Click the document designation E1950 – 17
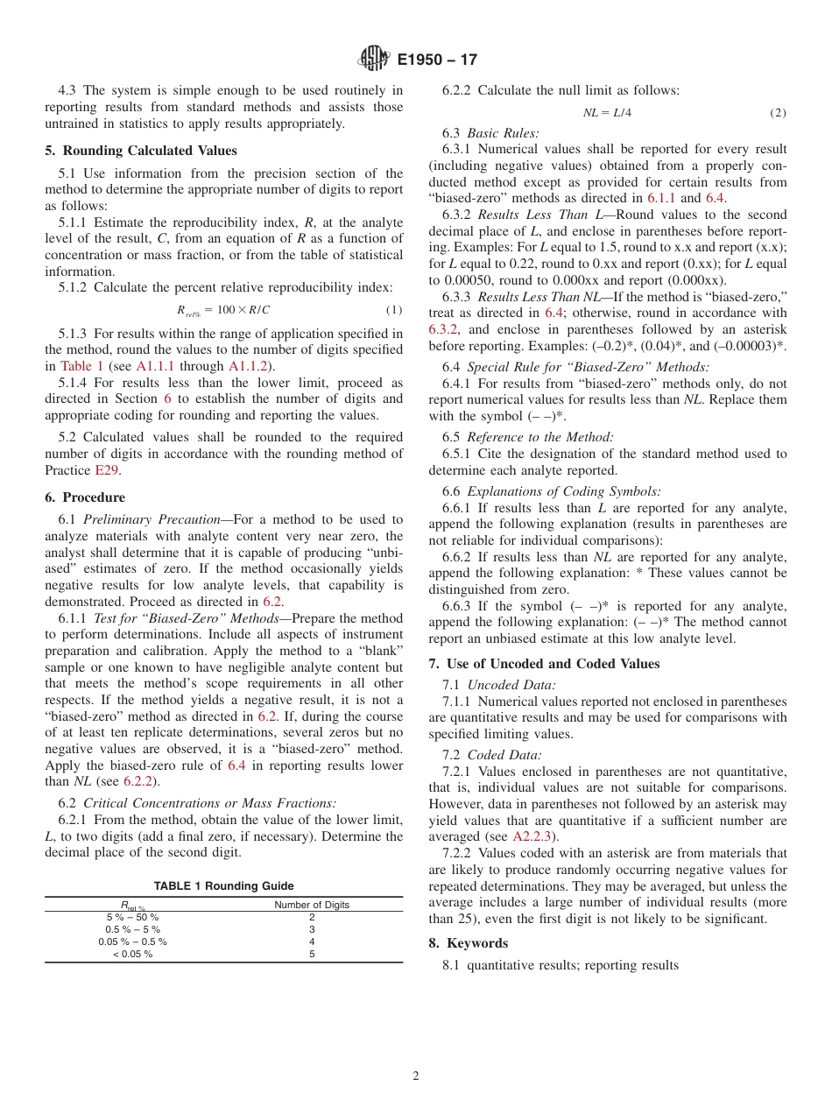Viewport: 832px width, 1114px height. (x=437, y=60)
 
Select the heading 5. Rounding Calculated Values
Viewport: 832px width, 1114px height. (x=141, y=150)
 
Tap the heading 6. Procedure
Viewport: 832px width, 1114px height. (x=85, y=497)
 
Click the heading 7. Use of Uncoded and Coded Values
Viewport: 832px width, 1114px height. (x=544, y=664)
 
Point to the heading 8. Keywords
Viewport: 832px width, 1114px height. (x=468, y=943)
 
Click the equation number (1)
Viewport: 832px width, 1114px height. (x=393, y=310)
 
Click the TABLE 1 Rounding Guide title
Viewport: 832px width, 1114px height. (x=223, y=886)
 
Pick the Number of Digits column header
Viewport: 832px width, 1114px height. (x=312, y=905)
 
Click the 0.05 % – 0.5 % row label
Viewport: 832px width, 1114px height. (x=132, y=941)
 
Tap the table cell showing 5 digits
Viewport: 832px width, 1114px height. (x=312, y=954)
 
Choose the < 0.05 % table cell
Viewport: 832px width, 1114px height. (x=132, y=954)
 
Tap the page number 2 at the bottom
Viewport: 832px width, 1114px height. (x=416, y=1076)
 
